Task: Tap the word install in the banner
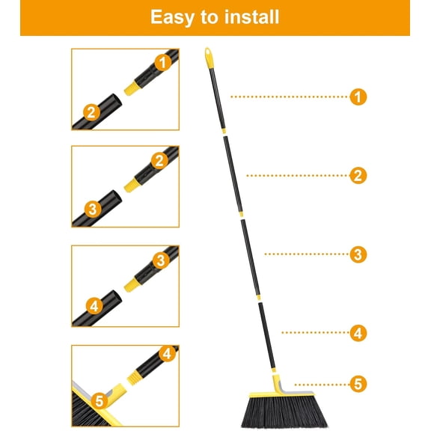[x=251, y=17]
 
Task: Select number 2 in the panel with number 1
[x=91, y=112]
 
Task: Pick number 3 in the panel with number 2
[x=91, y=209]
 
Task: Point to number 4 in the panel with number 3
[x=94, y=306]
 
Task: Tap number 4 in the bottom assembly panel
[x=166, y=352]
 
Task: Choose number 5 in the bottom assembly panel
[x=100, y=401]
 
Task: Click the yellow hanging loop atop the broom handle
[x=209, y=56]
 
